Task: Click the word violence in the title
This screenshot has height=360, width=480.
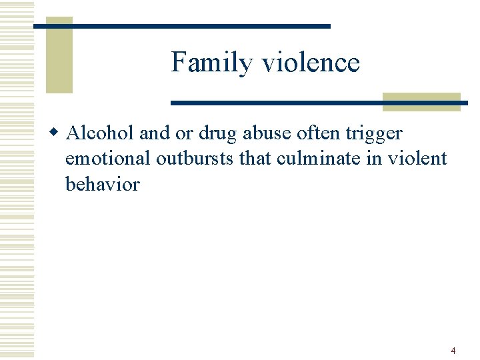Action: (311, 63)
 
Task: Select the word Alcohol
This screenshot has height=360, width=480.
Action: (101, 133)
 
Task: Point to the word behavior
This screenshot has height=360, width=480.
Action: (102, 183)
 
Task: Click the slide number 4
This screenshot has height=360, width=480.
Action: (453, 351)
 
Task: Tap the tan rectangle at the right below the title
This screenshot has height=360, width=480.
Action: (421, 101)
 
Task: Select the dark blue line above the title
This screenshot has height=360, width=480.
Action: (181, 26)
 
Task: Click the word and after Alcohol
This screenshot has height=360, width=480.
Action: (155, 133)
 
